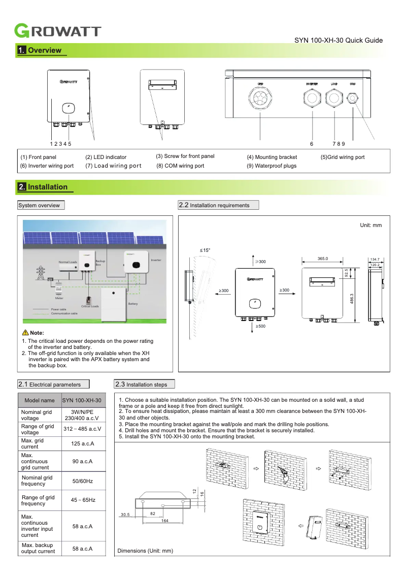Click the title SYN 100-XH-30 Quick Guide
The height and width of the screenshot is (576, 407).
338,41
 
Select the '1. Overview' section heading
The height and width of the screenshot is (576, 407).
40,50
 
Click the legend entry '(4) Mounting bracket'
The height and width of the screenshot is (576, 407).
272,157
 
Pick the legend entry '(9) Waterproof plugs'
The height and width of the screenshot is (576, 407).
272,166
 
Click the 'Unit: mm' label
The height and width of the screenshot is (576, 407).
370,225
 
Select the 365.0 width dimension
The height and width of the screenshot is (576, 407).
323,259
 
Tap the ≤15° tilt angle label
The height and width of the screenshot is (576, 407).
205,250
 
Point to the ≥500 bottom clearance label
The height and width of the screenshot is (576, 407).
260,326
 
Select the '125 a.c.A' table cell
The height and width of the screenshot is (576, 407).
82,444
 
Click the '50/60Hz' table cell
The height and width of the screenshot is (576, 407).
82,481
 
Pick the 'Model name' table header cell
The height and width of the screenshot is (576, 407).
40,400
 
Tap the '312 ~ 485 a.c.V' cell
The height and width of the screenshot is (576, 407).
82,429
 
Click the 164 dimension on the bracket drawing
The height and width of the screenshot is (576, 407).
164,521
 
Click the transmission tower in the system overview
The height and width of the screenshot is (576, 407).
39,273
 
